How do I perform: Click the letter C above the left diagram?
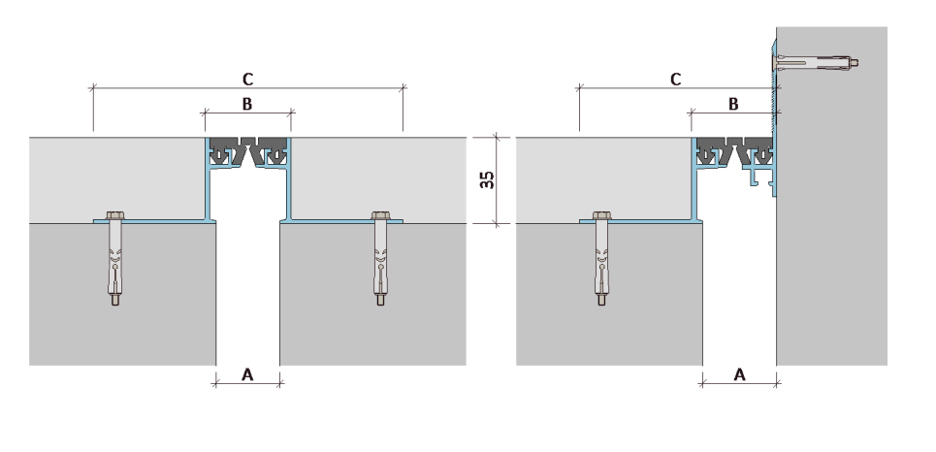pyautogui.click(x=247, y=79)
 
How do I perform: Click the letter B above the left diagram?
pyautogui.click(x=247, y=104)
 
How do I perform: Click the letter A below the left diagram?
pyautogui.click(x=247, y=374)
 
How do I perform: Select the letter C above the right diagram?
pyautogui.click(x=675, y=79)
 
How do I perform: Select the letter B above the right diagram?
pyautogui.click(x=733, y=104)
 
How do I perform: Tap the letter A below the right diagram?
pyautogui.click(x=739, y=374)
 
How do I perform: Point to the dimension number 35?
pyautogui.click(x=488, y=179)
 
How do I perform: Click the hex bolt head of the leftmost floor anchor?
pyautogui.click(x=114, y=215)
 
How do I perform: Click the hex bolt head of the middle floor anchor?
pyautogui.click(x=380, y=215)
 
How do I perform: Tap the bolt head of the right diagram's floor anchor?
pyautogui.click(x=601, y=215)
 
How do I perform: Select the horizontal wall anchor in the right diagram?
pyautogui.click(x=816, y=61)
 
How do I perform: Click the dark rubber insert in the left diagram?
pyautogui.click(x=247, y=150)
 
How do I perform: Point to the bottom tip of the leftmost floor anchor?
pyautogui.click(x=114, y=305)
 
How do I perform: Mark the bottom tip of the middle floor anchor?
pyautogui.click(x=380, y=305)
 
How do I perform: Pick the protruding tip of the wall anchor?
pyautogui.click(x=856, y=61)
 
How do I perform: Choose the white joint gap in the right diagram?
pyautogui.click(x=739, y=280)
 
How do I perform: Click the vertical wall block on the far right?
pyautogui.click(x=831, y=196)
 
